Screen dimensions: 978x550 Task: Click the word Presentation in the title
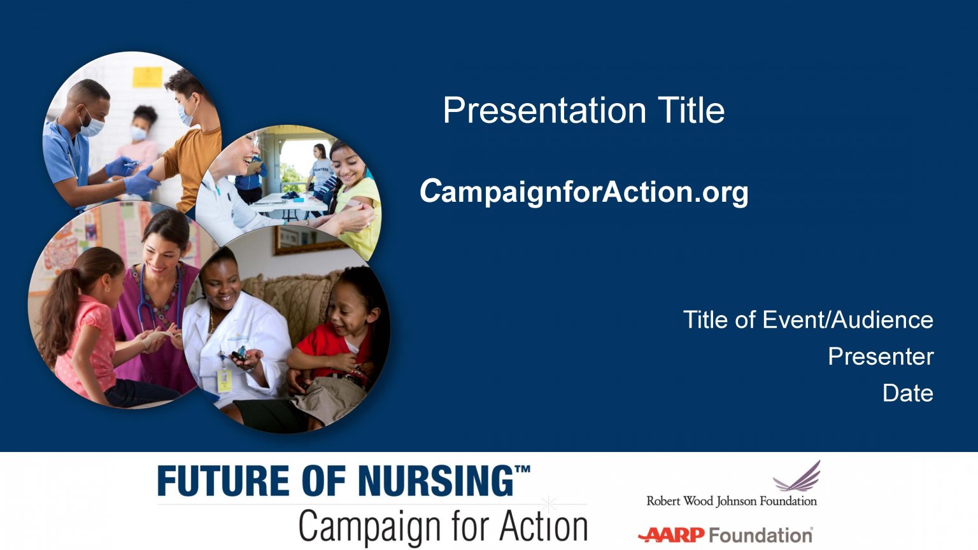click(x=544, y=111)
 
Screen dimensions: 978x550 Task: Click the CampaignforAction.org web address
click(x=584, y=191)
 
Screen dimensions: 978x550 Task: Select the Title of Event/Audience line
click(x=808, y=320)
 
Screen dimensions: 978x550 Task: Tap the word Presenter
click(x=881, y=356)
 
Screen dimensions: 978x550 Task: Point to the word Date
click(x=908, y=393)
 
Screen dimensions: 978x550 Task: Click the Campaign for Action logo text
click(x=443, y=526)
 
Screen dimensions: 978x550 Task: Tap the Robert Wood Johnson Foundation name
click(x=732, y=501)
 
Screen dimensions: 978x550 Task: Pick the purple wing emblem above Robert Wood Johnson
click(x=797, y=477)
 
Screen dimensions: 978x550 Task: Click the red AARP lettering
click(x=672, y=535)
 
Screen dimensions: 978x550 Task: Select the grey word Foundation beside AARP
click(x=760, y=535)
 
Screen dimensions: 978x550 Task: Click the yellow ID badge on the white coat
click(x=224, y=380)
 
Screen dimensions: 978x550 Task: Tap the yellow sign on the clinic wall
click(x=147, y=77)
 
